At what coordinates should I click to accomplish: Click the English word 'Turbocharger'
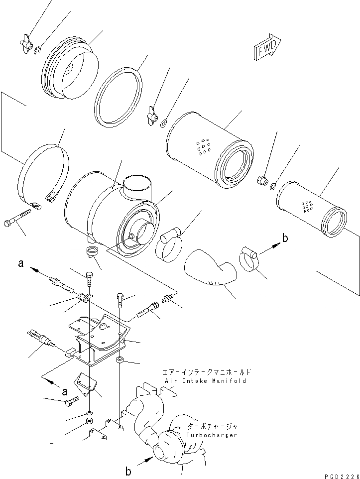click(212, 435)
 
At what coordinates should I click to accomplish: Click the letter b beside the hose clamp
click(285, 239)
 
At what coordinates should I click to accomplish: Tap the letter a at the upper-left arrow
click(21, 264)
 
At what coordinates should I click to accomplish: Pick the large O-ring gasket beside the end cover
click(118, 96)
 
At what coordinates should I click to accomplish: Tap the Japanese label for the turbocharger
click(213, 427)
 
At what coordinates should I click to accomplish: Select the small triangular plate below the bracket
click(87, 385)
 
